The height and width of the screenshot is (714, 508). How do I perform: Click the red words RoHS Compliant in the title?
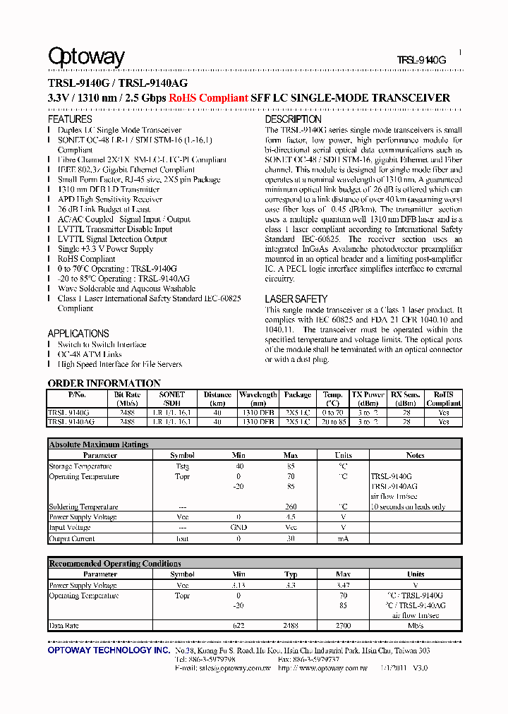click(208, 98)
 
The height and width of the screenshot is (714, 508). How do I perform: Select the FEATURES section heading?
click(70, 119)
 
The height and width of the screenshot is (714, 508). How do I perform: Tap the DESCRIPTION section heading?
click(293, 119)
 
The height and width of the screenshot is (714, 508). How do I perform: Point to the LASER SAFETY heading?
click(296, 299)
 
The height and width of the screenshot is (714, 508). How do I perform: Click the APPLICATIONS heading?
click(78, 334)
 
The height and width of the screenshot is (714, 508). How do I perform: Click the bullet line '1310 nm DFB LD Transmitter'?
click(109, 190)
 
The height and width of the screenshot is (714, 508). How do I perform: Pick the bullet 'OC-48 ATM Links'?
click(90, 354)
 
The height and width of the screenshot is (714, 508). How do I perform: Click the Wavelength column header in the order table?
click(258, 399)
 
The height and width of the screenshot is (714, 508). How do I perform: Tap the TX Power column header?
click(368, 399)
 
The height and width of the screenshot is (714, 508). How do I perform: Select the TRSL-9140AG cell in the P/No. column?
click(71, 421)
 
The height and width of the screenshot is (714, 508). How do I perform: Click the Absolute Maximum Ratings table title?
click(99, 444)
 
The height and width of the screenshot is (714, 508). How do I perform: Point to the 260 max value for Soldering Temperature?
click(291, 507)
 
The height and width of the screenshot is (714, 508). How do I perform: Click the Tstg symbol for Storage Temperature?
click(182, 466)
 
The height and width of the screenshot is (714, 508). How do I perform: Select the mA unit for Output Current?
click(343, 538)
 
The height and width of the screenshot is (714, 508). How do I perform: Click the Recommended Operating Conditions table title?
click(115, 564)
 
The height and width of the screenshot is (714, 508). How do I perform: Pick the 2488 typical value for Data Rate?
click(291, 626)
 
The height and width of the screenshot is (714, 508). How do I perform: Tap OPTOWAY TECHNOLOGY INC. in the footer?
click(109, 651)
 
